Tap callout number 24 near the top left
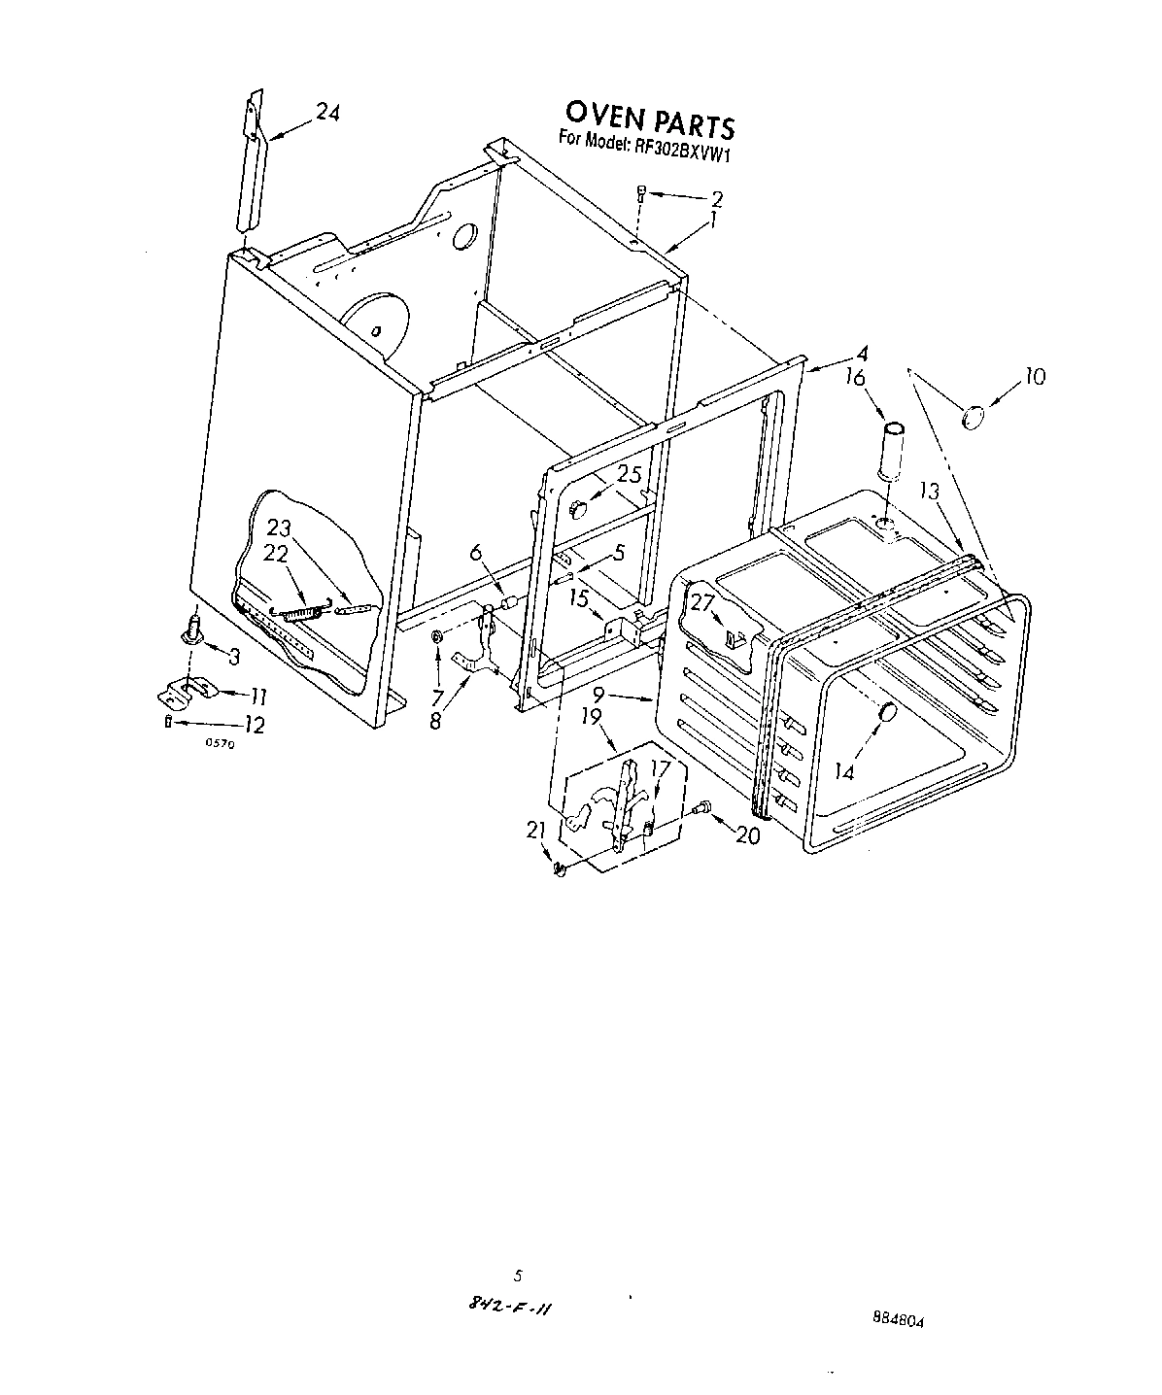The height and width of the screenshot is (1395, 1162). [x=327, y=114]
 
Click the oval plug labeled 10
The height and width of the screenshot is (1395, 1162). [x=973, y=417]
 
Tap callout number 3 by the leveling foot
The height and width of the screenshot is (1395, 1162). [x=234, y=656]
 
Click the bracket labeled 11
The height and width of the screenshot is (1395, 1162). [x=185, y=691]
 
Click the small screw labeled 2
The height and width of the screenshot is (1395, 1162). [x=640, y=194]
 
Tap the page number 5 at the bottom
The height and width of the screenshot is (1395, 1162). [x=519, y=1276]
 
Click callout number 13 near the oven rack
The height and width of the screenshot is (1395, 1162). [x=931, y=492]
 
